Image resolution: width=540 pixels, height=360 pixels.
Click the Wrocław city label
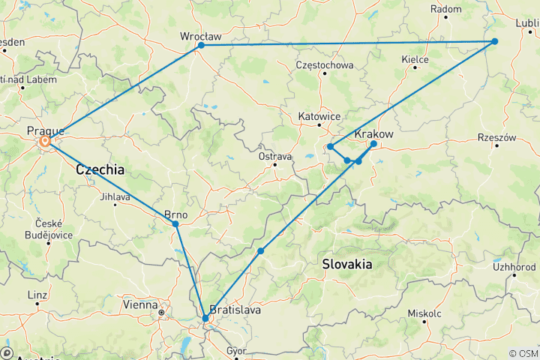(x=201, y=35)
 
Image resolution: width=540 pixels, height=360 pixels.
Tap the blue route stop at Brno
(x=175, y=224)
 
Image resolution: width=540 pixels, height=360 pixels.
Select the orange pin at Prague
(x=45, y=140)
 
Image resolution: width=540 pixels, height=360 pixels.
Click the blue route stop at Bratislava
(x=205, y=319)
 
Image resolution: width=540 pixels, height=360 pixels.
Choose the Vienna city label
(x=139, y=304)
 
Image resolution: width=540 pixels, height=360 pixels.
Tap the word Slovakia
(x=346, y=264)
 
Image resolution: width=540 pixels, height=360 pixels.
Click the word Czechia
(x=100, y=171)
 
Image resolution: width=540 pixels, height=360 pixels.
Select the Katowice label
(x=319, y=117)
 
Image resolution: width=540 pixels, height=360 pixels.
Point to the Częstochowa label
(x=325, y=64)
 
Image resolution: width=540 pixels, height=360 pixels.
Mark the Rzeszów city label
(x=497, y=138)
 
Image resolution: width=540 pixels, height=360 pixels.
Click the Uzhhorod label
(x=514, y=266)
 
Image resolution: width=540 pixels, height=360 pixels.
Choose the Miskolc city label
(x=424, y=313)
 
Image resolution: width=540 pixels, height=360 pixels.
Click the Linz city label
(x=35, y=295)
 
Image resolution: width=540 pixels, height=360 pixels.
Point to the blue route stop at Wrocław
(x=201, y=46)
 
